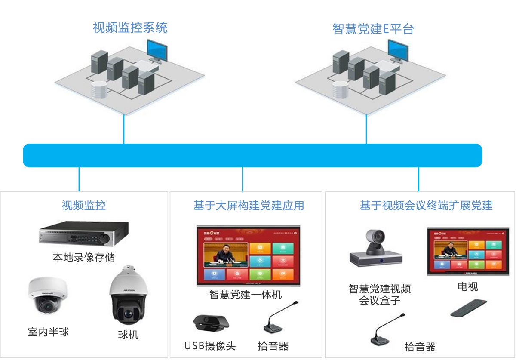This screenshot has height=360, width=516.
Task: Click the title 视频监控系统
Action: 130,28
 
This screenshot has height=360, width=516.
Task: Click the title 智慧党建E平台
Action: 373,29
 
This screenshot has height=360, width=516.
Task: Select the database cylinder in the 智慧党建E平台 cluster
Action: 341,89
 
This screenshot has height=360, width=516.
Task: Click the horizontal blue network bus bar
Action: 252,155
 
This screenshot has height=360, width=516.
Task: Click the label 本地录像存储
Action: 84,258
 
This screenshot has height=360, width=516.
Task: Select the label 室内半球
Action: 48,332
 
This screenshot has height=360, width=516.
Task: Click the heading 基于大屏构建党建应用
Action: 249,206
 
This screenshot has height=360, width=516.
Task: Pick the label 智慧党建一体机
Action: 246,295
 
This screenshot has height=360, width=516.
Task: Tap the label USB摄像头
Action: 210,346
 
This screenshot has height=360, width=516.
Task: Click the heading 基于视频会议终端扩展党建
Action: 426,206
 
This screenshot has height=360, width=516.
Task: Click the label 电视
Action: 467,286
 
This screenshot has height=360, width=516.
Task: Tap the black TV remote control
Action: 469,308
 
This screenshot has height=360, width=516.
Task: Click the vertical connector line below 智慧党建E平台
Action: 366,129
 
